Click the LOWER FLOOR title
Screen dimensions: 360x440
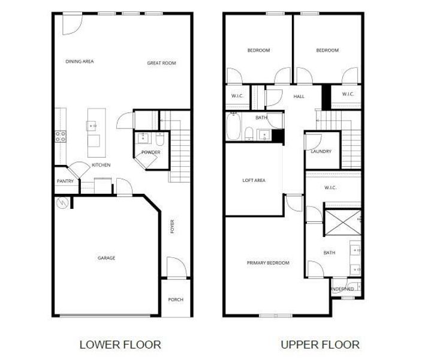click(x=120, y=344)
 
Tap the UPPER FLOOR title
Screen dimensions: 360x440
click(x=320, y=344)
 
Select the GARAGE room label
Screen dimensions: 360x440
click(x=107, y=258)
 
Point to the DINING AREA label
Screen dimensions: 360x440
click(x=80, y=61)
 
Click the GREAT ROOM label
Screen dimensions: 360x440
click(x=161, y=63)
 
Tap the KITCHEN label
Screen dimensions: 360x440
click(x=101, y=165)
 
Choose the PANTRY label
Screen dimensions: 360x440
click(x=65, y=181)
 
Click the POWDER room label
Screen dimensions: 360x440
click(x=150, y=152)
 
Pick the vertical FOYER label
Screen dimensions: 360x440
click(x=173, y=227)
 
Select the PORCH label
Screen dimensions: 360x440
click(x=176, y=299)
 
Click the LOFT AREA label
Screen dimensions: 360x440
click(x=254, y=180)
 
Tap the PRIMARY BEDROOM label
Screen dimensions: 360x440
click(x=268, y=263)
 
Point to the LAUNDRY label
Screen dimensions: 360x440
click(x=321, y=151)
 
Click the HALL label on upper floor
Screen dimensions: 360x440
click(x=299, y=96)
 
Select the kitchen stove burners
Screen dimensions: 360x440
click(x=61, y=136)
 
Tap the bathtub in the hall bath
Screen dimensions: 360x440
click(x=233, y=126)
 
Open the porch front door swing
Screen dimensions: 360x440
click(x=174, y=266)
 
